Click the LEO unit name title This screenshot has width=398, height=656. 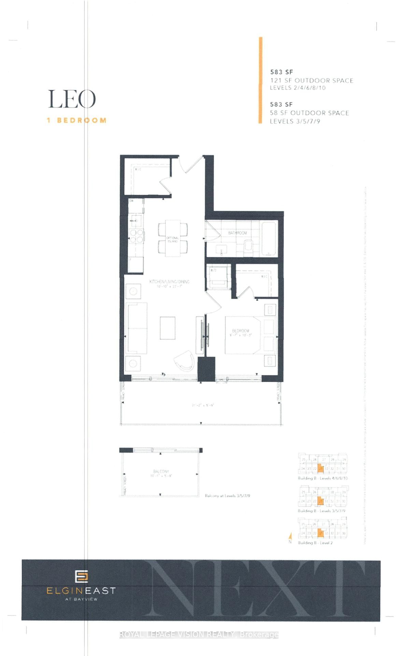(72, 99)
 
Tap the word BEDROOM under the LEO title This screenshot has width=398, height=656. (81, 120)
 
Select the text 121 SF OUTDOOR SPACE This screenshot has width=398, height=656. (311, 81)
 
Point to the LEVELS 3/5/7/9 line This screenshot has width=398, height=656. (295, 121)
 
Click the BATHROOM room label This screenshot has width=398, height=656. (238, 233)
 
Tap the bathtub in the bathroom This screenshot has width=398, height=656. (269, 238)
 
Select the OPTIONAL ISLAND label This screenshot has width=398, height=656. (173, 239)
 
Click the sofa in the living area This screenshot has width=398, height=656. (137, 328)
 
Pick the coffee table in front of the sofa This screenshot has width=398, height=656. (168, 328)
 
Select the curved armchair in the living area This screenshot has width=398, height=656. (185, 360)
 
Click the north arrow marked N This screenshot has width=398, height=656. (290, 537)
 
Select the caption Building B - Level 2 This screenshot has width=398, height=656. (315, 543)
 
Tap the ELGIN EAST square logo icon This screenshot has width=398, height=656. (82, 576)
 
